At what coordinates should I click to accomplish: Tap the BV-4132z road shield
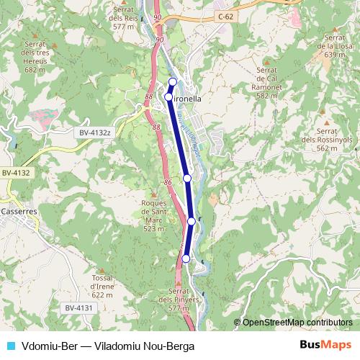[x=95, y=132]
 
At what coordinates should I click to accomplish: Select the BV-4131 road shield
[x=80, y=308]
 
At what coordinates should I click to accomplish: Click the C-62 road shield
[x=225, y=14]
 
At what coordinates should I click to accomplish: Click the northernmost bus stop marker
[x=173, y=81]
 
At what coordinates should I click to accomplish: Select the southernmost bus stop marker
[x=186, y=258]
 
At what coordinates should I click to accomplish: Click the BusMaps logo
[x=325, y=346]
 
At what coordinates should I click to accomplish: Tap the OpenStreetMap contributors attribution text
[x=297, y=322]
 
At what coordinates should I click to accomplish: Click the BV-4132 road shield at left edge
[x=15, y=173]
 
